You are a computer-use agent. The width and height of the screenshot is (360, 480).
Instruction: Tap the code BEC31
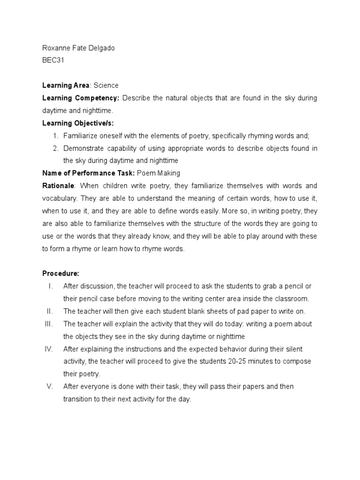(x=52, y=60)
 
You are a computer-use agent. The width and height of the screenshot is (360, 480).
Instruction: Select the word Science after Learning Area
(x=106, y=85)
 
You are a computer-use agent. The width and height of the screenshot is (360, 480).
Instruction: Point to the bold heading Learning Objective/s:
(x=78, y=123)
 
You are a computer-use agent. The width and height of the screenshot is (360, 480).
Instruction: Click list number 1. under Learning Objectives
(x=55, y=135)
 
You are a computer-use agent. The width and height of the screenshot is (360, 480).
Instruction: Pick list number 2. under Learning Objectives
(x=55, y=148)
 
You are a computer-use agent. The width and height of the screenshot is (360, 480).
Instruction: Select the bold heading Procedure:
(x=60, y=273)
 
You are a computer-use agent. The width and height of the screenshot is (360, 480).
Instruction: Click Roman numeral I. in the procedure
(x=50, y=286)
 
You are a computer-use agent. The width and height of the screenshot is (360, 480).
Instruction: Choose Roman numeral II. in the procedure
(x=50, y=311)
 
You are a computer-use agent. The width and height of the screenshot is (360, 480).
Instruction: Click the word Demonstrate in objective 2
(x=86, y=148)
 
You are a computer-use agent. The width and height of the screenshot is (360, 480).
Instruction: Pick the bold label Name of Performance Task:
(x=88, y=173)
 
